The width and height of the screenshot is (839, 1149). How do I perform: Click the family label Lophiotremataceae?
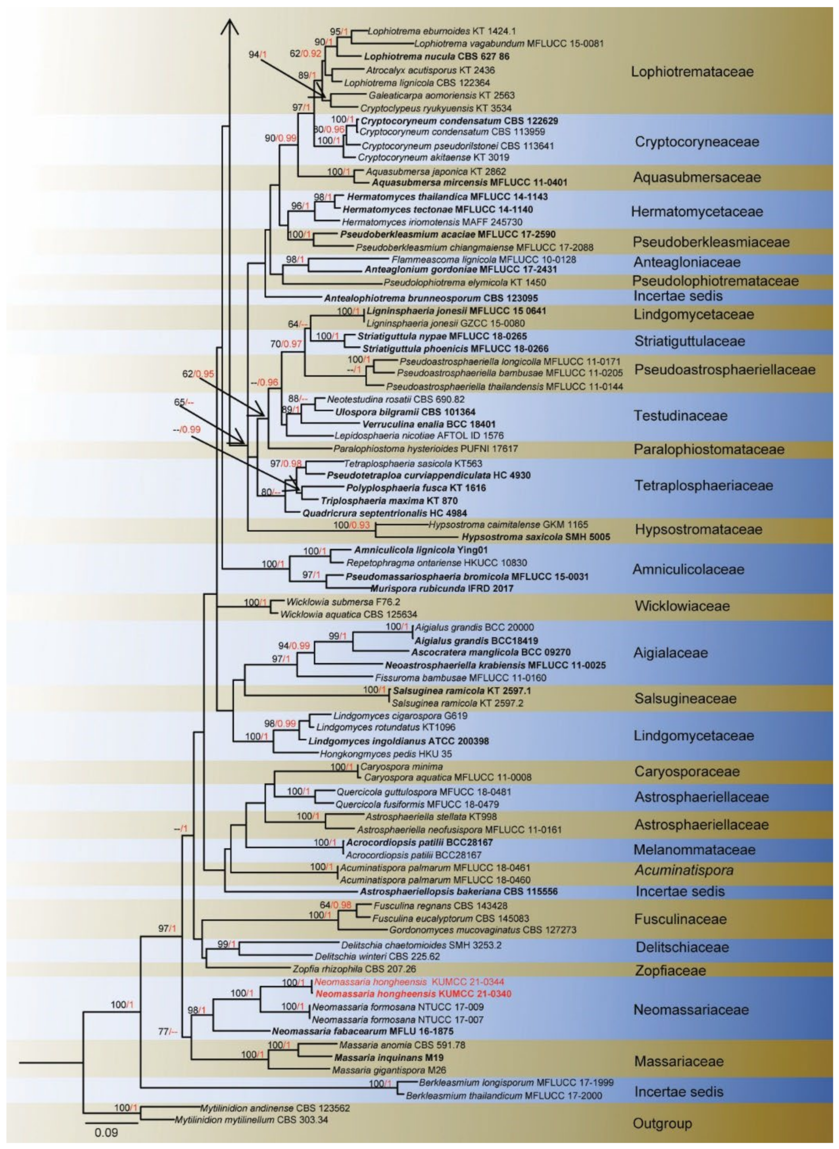(692, 71)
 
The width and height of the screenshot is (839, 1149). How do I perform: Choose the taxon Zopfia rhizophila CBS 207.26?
(354, 969)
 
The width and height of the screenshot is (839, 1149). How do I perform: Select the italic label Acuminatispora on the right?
(684, 870)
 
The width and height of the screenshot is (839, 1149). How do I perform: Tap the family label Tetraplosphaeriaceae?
(703, 486)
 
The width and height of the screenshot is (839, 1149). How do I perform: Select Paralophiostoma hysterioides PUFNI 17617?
(426, 449)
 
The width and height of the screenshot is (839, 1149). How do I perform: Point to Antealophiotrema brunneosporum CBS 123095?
(431, 298)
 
